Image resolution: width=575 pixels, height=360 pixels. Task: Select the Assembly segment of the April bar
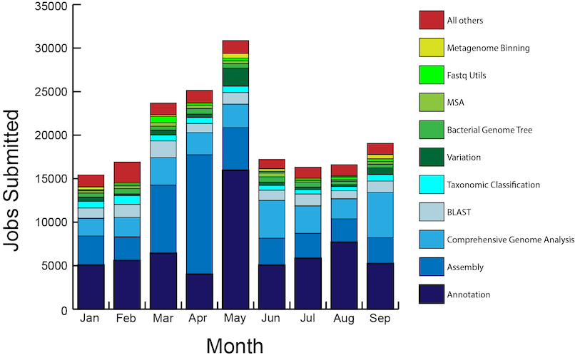tap(199, 214)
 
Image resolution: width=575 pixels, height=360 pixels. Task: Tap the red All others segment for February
tap(127, 172)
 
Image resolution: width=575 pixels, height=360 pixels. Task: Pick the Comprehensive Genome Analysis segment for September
tap(380, 215)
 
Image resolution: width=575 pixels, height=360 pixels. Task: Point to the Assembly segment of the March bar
tap(163, 219)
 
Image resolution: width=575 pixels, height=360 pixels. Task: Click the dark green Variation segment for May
tap(235, 76)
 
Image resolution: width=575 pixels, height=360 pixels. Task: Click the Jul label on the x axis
tap(307, 319)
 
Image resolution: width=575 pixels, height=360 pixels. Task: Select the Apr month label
tap(199, 319)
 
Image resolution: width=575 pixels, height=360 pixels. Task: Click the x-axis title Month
tap(235, 346)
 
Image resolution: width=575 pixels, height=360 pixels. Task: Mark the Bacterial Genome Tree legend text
tap(489, 130)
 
